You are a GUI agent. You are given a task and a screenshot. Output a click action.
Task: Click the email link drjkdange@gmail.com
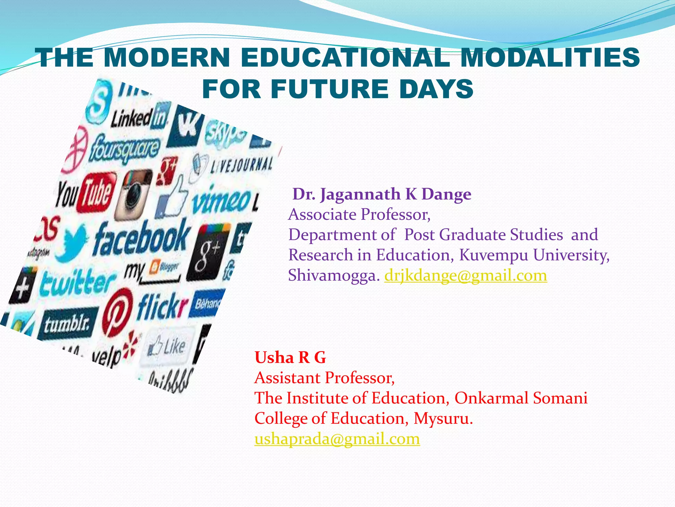click(465, 275)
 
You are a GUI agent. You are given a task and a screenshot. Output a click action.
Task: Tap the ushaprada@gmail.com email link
click(337, 439)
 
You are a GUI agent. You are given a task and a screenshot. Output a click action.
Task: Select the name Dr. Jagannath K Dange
click(382, 194)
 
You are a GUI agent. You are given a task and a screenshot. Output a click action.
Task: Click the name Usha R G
click(290, 357)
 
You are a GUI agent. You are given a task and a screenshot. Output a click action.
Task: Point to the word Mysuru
click(443, 418)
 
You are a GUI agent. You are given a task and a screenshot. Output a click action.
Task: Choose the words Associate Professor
click(359, 215)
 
